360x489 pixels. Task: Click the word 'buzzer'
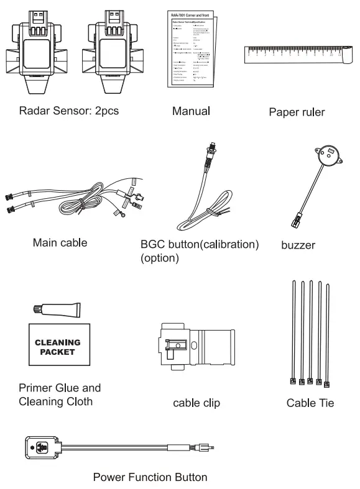pyautogui.click(x=298, y=245)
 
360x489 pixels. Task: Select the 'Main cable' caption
pyautogui.click(x=59, y=242)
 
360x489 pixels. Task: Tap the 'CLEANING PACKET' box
pyautogui.click(x=57, y=347)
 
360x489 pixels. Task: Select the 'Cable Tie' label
pyautogui.click(x=310, y=403)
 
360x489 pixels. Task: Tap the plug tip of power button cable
pyautogui.click(x=210, y=446)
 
